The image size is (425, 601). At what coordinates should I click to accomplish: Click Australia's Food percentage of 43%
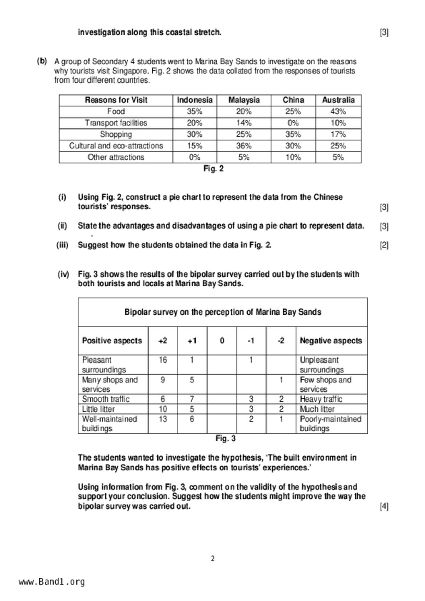coord(338,112)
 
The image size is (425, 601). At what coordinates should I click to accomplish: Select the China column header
coord(293,100)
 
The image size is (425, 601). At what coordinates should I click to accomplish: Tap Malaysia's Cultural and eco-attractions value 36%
coord(244,146)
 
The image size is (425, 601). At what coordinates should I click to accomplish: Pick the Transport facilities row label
coord(116,123)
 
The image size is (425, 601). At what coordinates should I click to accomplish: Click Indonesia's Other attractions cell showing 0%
coord(194,157)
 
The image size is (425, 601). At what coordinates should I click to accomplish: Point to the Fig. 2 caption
coord(213,169)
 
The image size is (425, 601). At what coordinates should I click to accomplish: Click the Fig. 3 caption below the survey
coord(225,439)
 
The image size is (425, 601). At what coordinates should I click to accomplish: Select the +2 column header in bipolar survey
coord(163,341)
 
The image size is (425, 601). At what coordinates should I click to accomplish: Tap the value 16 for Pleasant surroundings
coord(163,360)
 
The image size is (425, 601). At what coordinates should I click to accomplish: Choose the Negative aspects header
coord(331,341)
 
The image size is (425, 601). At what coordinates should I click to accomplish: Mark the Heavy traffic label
coord(321,399)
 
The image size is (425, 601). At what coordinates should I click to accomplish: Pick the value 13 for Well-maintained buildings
coord(163,419)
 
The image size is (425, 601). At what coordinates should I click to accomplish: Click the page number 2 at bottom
coord(213,559)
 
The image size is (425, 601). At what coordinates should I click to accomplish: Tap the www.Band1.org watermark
coord(51,582)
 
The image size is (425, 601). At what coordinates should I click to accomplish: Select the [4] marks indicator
coord(384,506)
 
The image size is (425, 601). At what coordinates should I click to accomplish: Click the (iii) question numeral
coord(62,245)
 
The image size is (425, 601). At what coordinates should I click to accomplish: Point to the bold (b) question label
coord(42,61)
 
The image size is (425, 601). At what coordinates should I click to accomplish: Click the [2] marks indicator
coord(384,245)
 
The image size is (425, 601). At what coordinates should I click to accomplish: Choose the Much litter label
coord(317,409)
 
